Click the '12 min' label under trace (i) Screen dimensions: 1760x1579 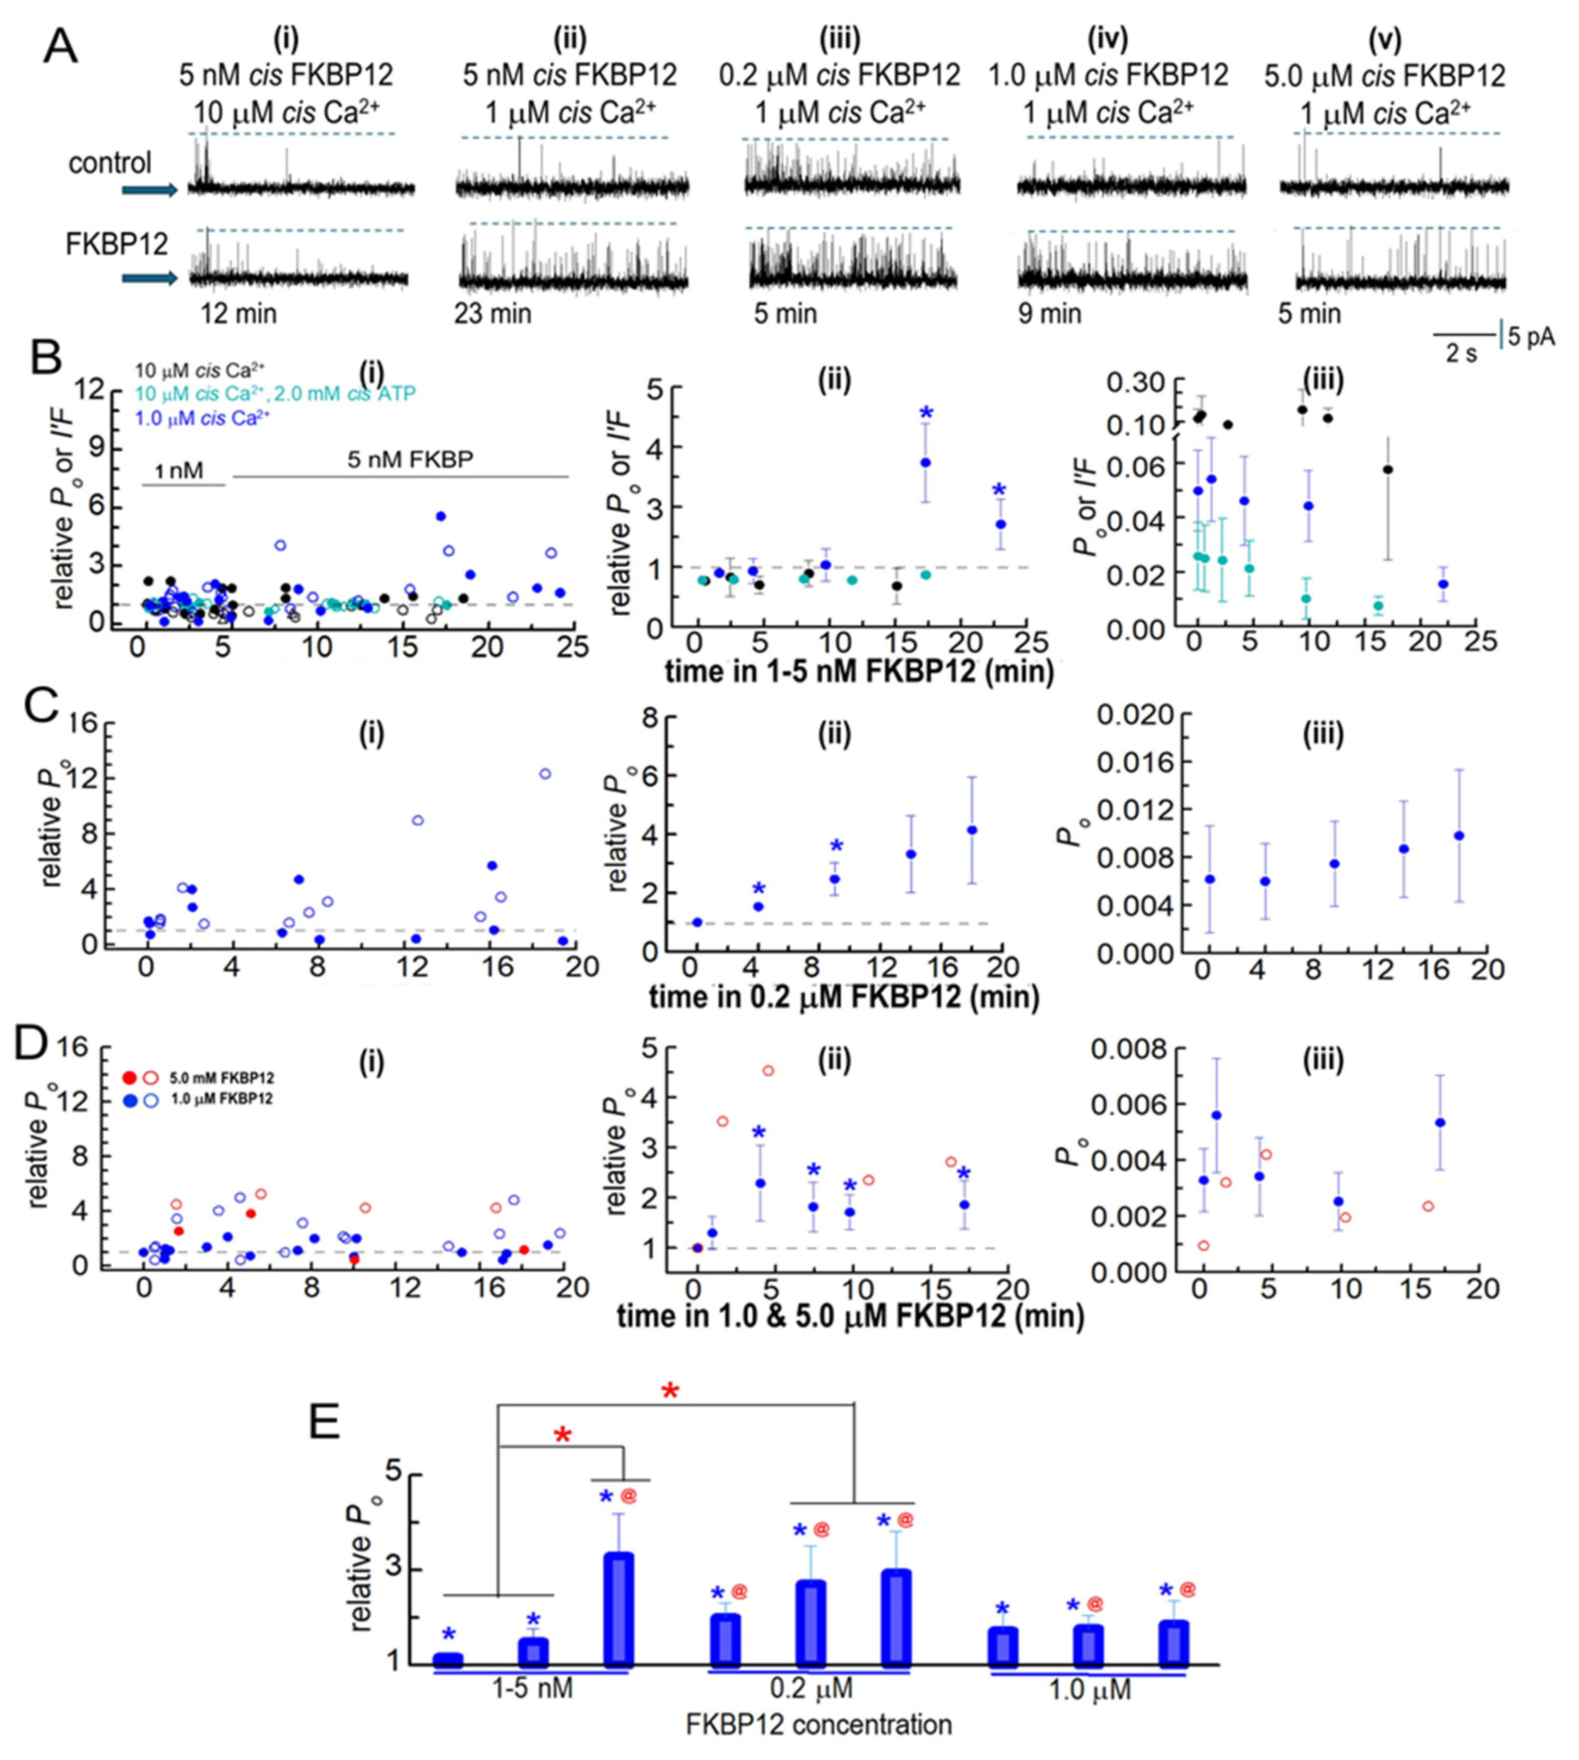click(x=239, y=313)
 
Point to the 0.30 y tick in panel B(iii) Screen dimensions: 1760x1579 click(x=1140, y=382)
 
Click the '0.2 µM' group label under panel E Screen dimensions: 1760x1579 click(x=811, y=1688)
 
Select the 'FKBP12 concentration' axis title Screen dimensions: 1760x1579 click(x=818, y=1724)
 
